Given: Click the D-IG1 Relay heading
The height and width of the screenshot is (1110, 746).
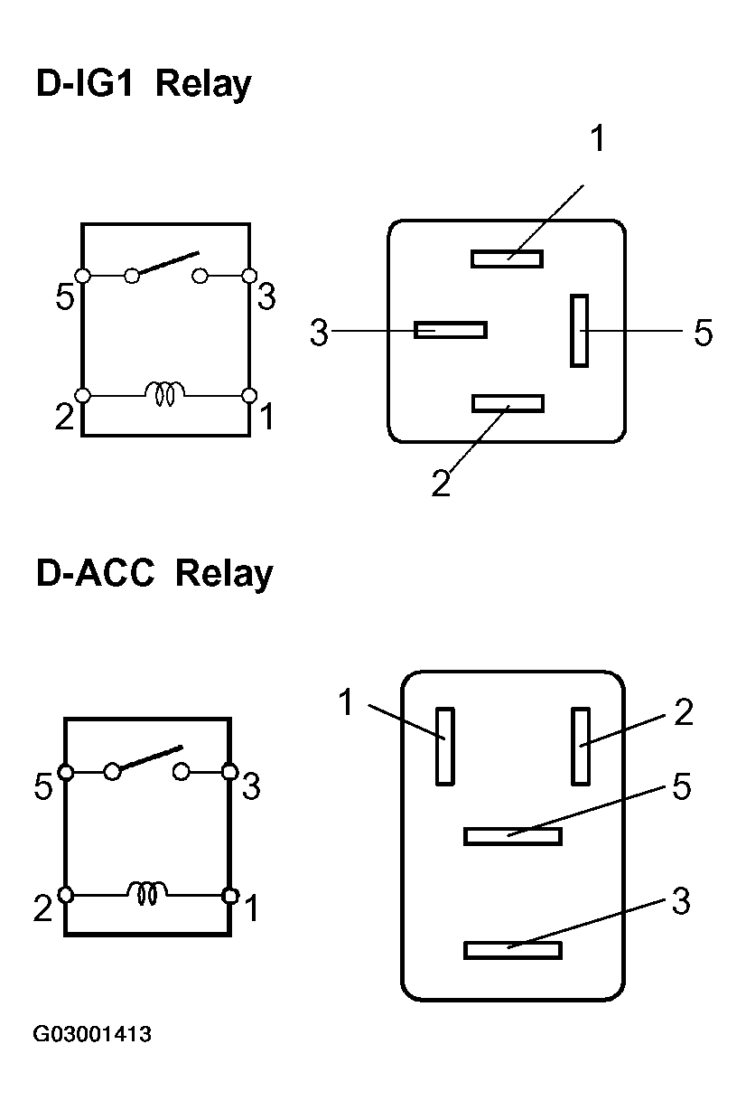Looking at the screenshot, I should point(143,85).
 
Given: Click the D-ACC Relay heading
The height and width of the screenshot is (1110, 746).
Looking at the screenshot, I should point(154,574).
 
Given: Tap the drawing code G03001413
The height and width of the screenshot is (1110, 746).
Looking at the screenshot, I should point(92,1034).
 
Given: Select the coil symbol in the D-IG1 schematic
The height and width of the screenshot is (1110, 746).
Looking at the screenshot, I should point(165,393).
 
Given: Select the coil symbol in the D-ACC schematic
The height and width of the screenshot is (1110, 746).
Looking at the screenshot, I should point(146,893).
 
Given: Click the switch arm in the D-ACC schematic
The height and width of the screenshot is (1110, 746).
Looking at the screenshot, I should point(149,759).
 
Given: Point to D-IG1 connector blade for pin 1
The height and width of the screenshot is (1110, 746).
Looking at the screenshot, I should point(507,259).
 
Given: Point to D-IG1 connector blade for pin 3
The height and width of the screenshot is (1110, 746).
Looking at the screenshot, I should point(450,330).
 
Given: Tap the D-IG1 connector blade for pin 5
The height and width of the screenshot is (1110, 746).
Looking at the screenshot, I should point(579,330).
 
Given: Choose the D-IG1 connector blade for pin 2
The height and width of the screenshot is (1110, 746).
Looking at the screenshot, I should point(507,403).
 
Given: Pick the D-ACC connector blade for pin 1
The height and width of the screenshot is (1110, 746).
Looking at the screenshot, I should point(444,746).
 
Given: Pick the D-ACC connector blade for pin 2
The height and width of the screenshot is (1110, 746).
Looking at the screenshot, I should point(581,746).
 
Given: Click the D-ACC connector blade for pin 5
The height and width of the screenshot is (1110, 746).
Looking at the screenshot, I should point(512,836).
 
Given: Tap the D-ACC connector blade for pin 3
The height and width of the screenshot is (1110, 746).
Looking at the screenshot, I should point(512,950).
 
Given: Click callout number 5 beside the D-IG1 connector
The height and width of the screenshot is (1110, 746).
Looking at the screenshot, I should point(703,333).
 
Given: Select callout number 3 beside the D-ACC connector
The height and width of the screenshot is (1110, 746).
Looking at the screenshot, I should point(680,900).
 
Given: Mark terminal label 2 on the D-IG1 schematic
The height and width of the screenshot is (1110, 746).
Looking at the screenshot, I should point(63,419).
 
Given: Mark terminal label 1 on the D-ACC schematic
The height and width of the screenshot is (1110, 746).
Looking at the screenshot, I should point(251,908).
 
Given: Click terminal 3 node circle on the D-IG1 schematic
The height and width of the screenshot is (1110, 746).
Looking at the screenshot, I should point(249,275).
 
